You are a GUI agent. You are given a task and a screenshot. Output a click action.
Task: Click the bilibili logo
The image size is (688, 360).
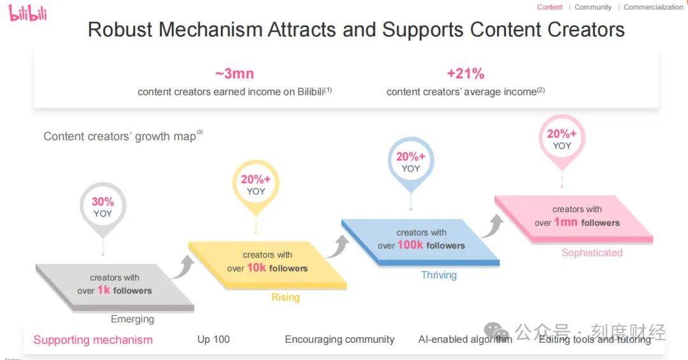28,12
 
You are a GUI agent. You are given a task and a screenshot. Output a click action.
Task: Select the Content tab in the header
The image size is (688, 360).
549,7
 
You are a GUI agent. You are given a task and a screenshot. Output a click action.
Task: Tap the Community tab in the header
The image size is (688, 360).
592,7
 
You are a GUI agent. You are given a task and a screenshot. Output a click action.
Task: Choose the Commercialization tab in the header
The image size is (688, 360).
653,7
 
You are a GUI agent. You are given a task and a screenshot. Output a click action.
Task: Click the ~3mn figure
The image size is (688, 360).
234,73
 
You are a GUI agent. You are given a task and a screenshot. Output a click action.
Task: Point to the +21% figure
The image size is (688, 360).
465,73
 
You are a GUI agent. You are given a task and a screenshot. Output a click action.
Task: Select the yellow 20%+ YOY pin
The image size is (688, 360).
255,184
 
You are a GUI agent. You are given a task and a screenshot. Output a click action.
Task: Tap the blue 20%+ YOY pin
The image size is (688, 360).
410,162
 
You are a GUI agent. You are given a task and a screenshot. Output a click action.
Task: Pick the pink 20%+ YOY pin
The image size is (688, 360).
561,139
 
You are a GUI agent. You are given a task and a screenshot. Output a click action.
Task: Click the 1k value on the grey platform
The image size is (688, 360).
104,291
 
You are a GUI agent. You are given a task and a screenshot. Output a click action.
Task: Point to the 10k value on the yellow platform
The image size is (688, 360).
256,268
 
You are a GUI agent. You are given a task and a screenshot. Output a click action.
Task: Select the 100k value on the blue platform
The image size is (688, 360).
410,245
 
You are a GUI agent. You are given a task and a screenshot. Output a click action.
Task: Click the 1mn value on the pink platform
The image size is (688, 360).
566,222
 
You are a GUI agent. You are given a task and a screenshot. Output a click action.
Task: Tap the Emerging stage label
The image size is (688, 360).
133,319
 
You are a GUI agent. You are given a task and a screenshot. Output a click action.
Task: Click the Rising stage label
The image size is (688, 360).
285,298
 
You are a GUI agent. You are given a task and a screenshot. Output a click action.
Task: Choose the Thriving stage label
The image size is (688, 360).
439,275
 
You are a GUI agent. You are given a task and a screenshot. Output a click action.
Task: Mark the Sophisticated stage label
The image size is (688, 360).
592,253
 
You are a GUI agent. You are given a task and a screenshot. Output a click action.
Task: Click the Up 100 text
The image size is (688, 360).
213,340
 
